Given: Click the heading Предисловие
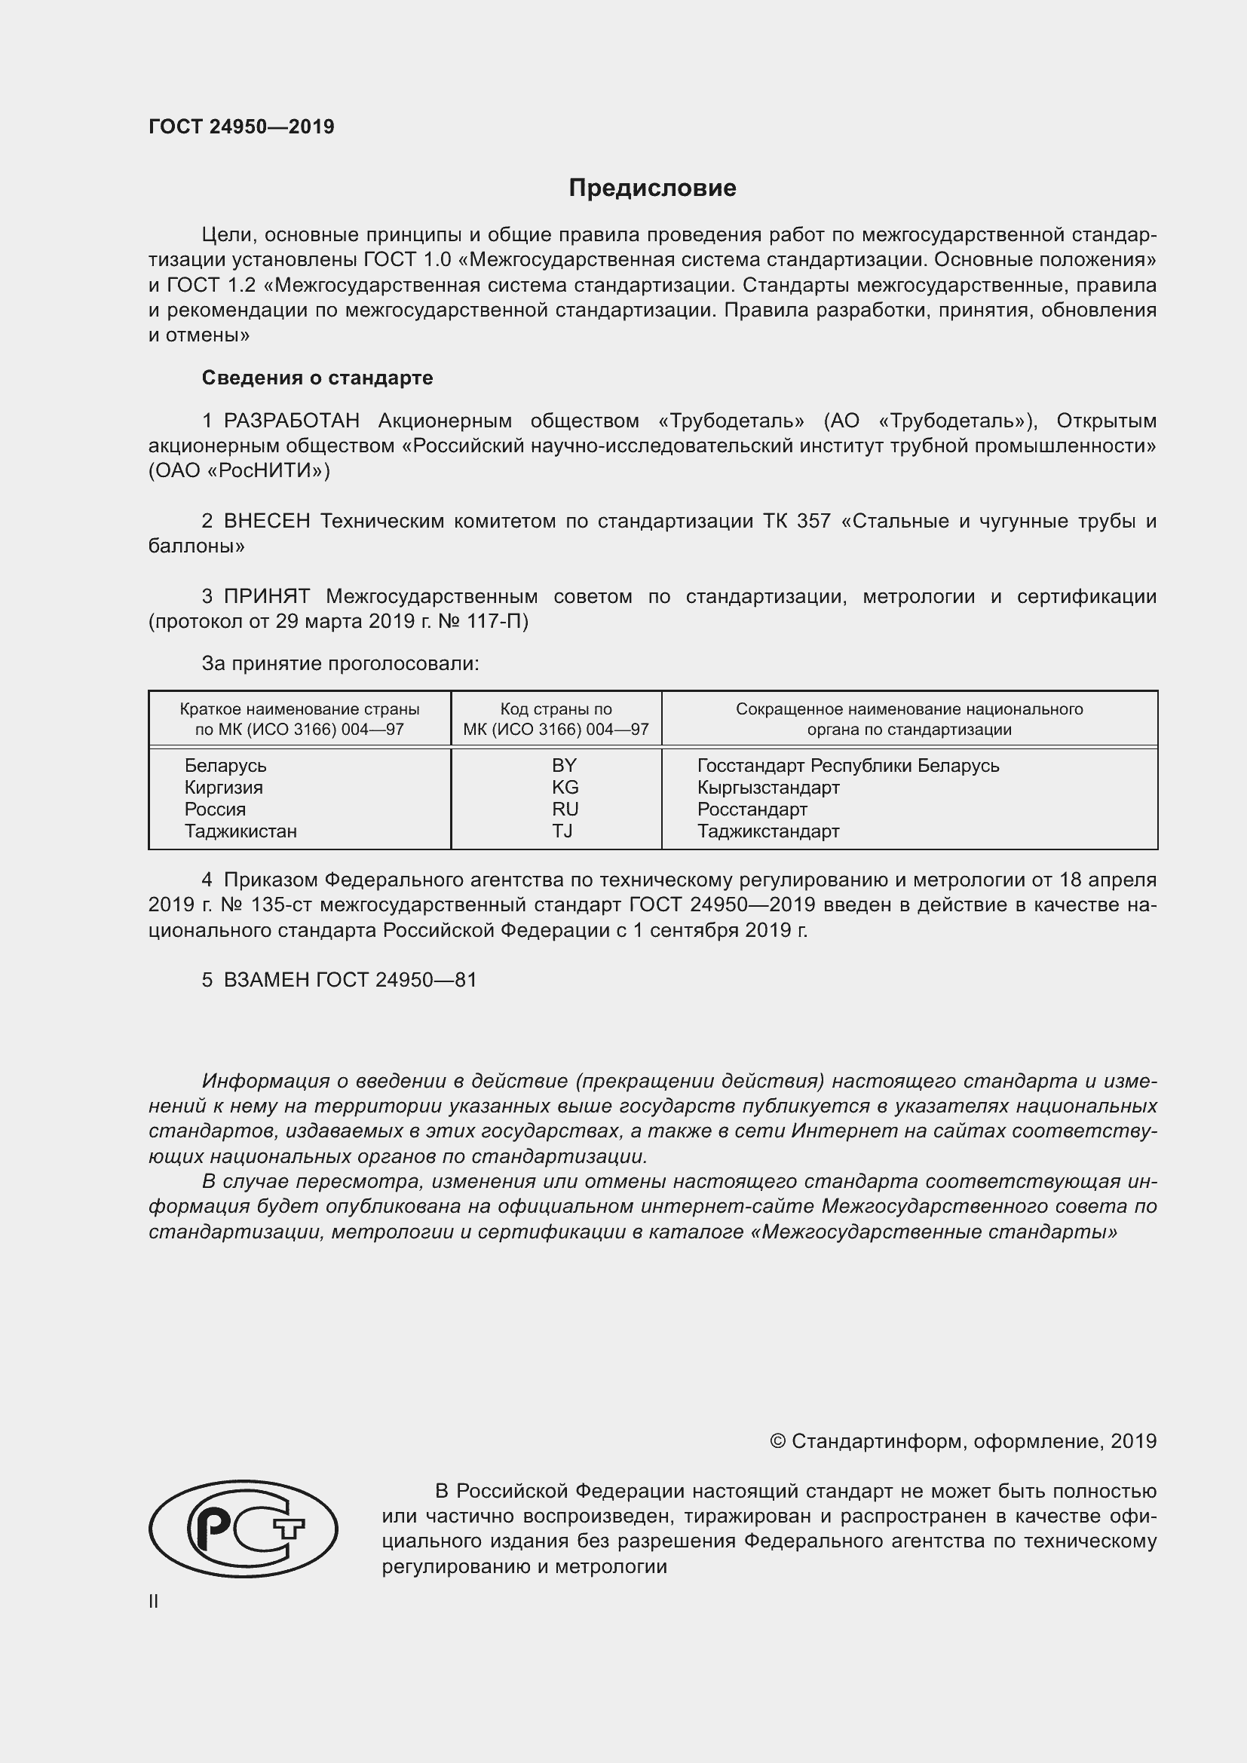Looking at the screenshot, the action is point(652,188).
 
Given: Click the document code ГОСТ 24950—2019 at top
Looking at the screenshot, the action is point(241,127).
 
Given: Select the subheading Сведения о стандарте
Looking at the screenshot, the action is point(317,378).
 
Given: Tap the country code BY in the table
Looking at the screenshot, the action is point(564,766).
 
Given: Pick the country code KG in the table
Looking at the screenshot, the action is point(565,787).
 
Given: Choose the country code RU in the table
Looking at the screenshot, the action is point(565,810).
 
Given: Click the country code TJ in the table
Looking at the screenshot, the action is point(562,831).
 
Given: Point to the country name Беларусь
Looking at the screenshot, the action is point(225,766).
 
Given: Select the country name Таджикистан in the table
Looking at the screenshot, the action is point(241,831).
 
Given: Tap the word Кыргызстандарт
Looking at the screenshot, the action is point(768,787).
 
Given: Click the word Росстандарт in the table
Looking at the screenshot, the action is point(752,810).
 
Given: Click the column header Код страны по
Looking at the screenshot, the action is point(556,709).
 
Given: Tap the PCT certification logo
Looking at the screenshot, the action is point(243,1529).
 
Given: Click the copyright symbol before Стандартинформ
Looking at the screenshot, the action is point(777,1441).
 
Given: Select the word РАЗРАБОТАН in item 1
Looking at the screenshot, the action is point(291,421).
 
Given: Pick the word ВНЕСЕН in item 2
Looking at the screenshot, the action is point(266,522).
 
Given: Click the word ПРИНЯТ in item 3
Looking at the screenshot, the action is point(266,597).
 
